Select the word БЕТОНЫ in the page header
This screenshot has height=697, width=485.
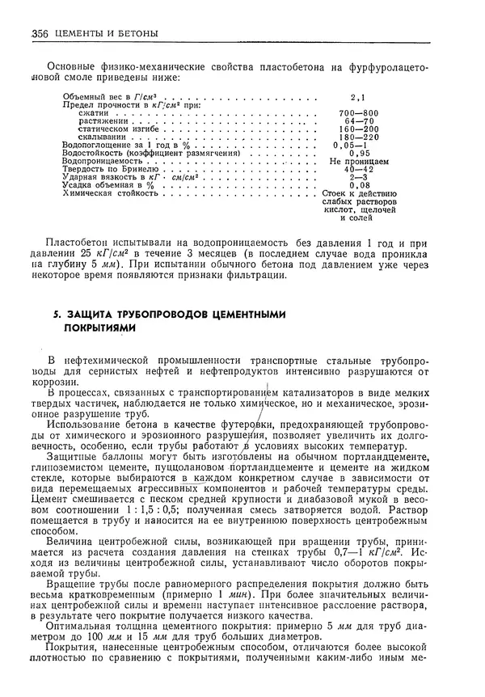(133, 33)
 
